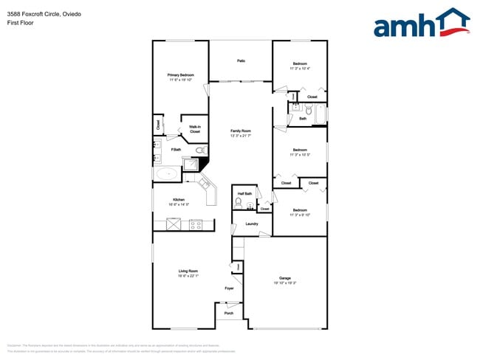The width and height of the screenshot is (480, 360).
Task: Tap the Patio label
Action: (x=241, y=60)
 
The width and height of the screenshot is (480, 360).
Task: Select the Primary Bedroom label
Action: (x=180, y=75)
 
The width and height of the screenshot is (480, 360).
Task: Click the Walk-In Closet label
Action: (x=195, y=129)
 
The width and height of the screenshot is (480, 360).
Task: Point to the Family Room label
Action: (x=241, y=131)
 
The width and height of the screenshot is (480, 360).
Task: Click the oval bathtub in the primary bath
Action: (x=166, y=175)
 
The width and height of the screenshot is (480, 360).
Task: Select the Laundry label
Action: (x=251, y=224)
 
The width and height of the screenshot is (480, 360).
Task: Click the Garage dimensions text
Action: (x=285, y=283)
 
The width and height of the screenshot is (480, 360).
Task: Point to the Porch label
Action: (x=228, y=313)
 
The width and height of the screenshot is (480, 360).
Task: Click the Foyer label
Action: (x=230, y=288)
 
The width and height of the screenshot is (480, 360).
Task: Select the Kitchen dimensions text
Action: (x=179, y=204)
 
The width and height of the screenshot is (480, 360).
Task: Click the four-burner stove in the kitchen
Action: (x=196, y=225)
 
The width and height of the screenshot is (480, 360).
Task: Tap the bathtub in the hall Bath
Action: (x=320, y=114)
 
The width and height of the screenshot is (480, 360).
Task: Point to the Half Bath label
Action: (x=243, y=193)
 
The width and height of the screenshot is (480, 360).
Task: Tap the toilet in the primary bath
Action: (x=199, y=152)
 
